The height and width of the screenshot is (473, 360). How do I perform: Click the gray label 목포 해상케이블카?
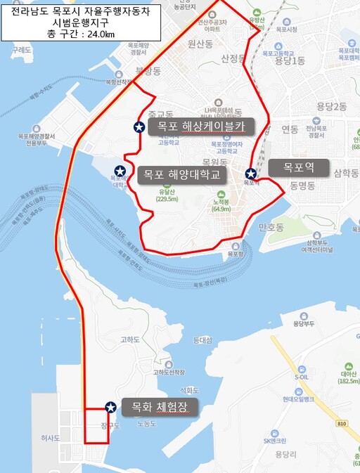tap(201, 127)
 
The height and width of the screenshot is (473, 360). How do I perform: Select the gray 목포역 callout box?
tap(297, 168)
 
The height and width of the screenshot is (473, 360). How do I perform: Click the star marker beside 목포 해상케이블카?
tap(139, 127)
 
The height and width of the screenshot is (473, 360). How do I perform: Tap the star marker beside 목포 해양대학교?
tap(120, 171)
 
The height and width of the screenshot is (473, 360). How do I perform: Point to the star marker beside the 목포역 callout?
tap(250, 173)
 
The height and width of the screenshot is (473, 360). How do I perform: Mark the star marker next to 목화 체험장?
tap(110, 407)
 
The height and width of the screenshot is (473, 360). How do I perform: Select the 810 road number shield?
tap(342, 424)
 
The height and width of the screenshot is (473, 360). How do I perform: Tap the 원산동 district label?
tap(200, 44)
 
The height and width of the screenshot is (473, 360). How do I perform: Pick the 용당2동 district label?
tap(332, 106)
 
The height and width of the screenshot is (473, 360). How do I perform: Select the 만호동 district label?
tap(270, 228)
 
